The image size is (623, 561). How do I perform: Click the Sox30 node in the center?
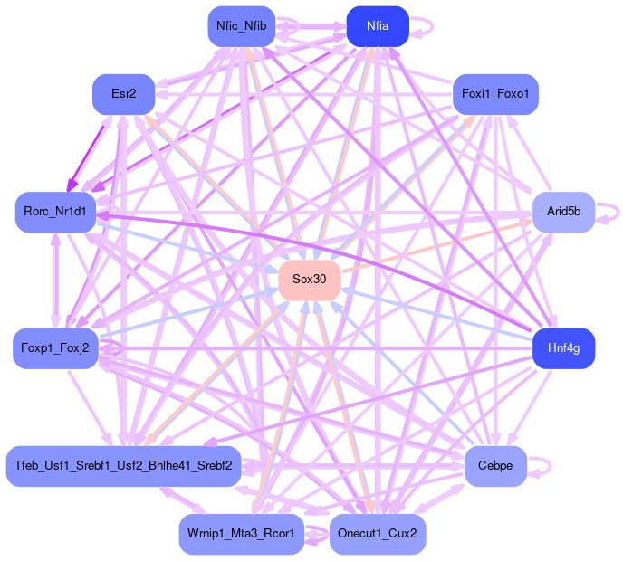tap(309, 280)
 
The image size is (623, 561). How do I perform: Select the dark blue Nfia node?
tap(378, 26)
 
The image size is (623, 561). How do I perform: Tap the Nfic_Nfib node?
tap(241, 26)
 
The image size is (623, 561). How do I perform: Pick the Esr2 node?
tap(123, 94)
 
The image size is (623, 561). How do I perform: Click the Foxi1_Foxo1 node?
tap(495, 94)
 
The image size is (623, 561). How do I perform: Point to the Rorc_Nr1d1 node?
tap(55, 212)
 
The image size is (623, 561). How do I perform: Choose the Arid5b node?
tap(563, 212)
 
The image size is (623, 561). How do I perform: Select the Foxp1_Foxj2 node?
tap(55, 348)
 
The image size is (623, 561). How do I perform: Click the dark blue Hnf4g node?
tap(563, 348)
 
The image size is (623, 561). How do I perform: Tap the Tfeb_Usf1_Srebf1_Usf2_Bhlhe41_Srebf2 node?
tap(123, 466)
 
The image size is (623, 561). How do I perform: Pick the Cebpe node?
tap(495, 466)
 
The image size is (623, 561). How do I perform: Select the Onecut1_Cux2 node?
tap(378, 534)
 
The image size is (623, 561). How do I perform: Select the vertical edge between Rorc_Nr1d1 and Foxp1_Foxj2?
tap(55, 280)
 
